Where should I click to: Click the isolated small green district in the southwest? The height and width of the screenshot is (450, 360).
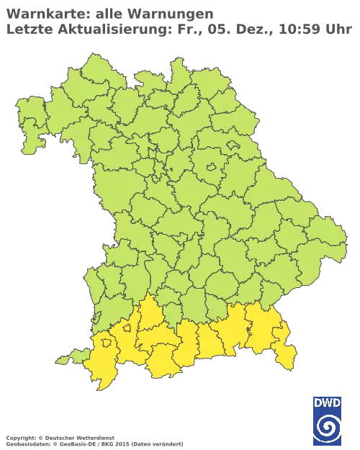[x=66, y=358]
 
